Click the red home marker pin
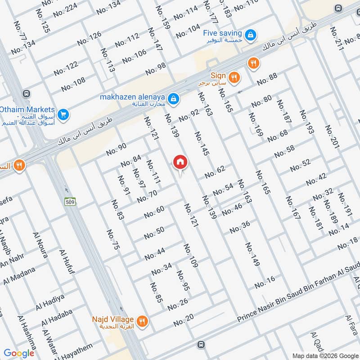click(180, 162)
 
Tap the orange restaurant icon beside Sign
click(234, 77)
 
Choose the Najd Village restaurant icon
click(143, 321)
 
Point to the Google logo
click(19, 353)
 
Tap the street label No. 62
click(215, 172)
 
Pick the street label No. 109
click(190, 256)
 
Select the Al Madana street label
click(19, 275)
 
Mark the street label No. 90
click(117, 149)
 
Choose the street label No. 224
click(65, 10)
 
